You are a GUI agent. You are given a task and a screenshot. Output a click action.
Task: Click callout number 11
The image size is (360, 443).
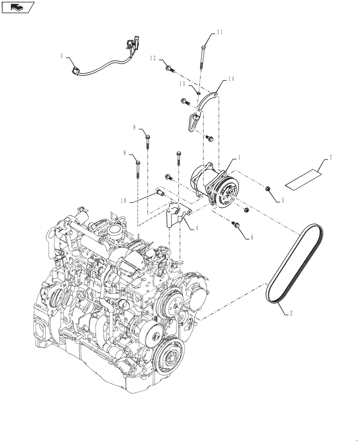tap(220, 32)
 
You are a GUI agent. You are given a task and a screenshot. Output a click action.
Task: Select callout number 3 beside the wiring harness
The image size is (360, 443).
tap(62, 56)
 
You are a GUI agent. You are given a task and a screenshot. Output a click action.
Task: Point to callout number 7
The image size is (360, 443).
tap(331, 157)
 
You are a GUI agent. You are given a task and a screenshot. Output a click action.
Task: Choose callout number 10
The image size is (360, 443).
tap(123, 200)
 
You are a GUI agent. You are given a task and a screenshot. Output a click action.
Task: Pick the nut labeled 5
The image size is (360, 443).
tap(269, 190)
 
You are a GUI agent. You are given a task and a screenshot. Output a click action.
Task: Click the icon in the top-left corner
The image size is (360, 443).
tap(18, 7)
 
